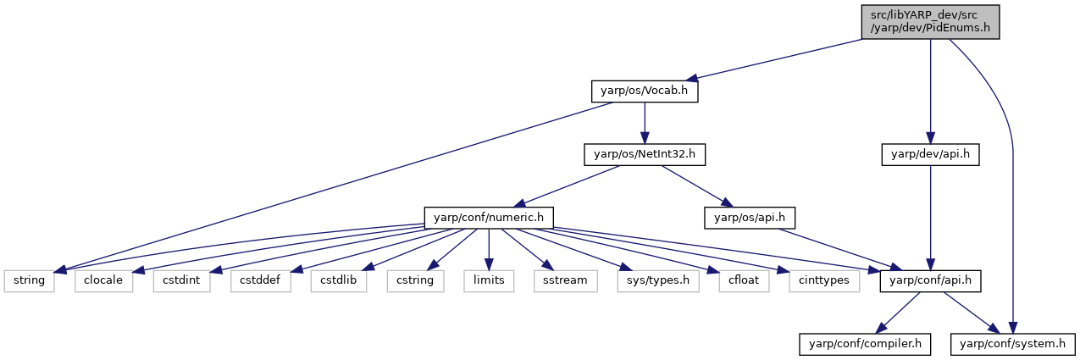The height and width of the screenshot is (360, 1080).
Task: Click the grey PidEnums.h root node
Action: point(930,22)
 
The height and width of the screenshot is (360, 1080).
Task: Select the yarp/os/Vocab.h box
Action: point(645,91)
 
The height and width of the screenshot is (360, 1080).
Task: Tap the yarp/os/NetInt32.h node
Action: point(645,155)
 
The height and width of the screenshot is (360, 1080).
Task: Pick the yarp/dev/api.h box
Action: point(930,155)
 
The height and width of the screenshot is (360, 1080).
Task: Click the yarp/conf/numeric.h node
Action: point(489,218)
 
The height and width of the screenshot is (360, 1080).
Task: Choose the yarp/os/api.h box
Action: point(750,218)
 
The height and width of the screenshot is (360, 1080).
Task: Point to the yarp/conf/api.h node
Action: point(930,281)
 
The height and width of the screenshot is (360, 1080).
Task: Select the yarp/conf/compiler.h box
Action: point(865,344)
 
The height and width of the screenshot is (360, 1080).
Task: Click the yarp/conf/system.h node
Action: point(1012,344)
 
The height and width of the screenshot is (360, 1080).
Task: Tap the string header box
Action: point(30,281)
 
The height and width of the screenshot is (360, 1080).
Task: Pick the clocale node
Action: point(103,281)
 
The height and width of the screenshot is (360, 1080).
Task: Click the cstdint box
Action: point(181,281)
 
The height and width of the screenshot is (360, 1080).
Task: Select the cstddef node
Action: point(260,281)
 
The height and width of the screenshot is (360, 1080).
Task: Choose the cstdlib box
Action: point(339,281)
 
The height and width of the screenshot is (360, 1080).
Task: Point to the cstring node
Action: point(415,281)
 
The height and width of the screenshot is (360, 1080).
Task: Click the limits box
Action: point(489,281)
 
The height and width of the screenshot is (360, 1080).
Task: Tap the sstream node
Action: point(565,281)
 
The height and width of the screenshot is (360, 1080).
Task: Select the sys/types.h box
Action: point(658,281)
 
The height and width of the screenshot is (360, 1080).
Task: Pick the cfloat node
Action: point(744,281)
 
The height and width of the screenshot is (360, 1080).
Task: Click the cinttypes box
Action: point(824,281)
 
